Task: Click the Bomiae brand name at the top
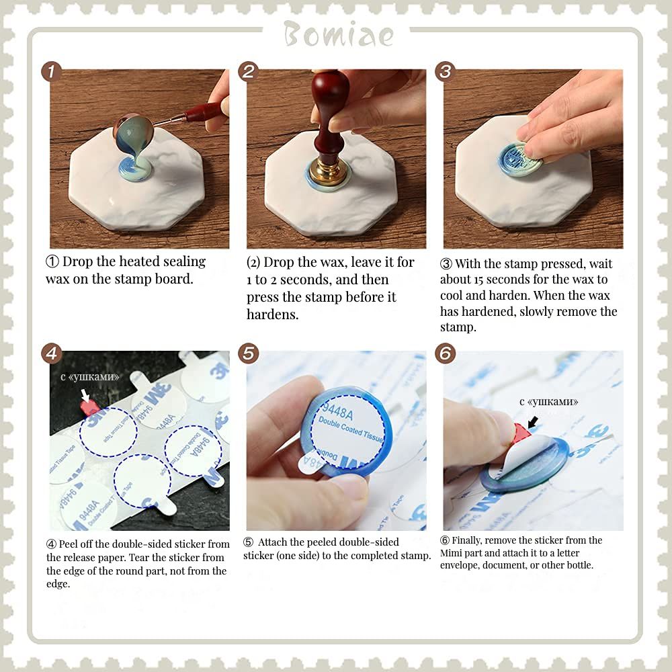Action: [338, 34]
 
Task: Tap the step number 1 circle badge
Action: [52, 71]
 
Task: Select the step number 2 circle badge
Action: [249, 71]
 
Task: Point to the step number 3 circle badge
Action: [446, 71]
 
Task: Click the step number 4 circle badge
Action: [52, 353]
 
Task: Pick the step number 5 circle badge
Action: [249, 353]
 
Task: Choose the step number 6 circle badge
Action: [446, 353]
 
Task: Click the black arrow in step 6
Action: [533, 422]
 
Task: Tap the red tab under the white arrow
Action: [89, 408]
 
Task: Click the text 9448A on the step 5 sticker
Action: [338, 412]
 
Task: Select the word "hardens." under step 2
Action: [273, 314]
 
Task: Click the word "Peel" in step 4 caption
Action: [68, 544]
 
